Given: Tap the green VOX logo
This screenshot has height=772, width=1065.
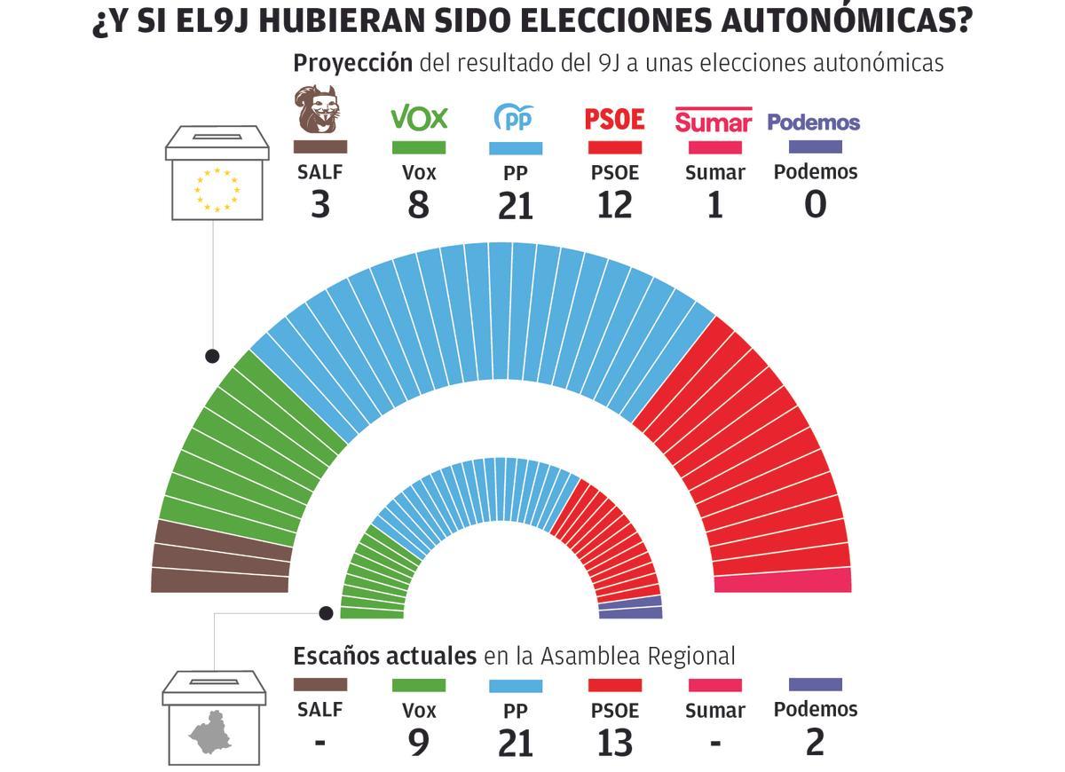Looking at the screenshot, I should [419, 117].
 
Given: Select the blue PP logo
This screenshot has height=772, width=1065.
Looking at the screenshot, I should [515, 117].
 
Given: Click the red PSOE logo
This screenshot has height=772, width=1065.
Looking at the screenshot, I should [614, 118].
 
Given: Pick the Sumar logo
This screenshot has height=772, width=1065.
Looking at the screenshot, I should [714, 120].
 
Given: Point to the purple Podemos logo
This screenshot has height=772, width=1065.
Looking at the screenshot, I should [814, 122].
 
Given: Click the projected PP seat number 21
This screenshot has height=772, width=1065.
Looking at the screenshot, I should [516, 206].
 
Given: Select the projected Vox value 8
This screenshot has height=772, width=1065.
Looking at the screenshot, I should [418, 206].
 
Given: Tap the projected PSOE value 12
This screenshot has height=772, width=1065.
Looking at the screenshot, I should [614, 206].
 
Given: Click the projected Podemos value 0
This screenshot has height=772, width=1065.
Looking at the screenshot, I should [815, 205].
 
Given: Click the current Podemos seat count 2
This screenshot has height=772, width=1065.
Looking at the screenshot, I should [815, 743].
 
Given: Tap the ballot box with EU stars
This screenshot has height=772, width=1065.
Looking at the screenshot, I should [217, 173].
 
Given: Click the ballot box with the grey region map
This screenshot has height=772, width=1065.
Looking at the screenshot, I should [213, 719].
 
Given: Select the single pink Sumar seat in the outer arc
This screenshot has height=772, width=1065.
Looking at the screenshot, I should [783, 580].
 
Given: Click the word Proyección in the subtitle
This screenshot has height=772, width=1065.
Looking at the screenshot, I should [352, 63].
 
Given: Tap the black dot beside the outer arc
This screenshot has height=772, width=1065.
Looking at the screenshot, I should [212, 356].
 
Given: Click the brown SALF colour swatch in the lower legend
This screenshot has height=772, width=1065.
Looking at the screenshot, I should [319, 685].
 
